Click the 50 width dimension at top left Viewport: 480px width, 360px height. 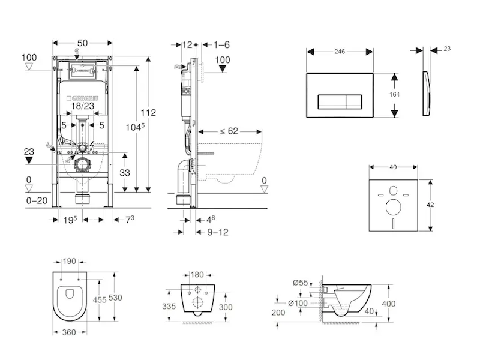point(83,43)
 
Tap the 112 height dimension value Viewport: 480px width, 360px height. point(149,112)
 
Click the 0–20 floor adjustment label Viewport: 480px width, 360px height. point(37,200)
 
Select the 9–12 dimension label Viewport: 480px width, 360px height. point(217,232)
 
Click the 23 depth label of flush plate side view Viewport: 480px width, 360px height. point(446,50)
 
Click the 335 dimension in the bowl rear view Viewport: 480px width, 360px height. point(169,307)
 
